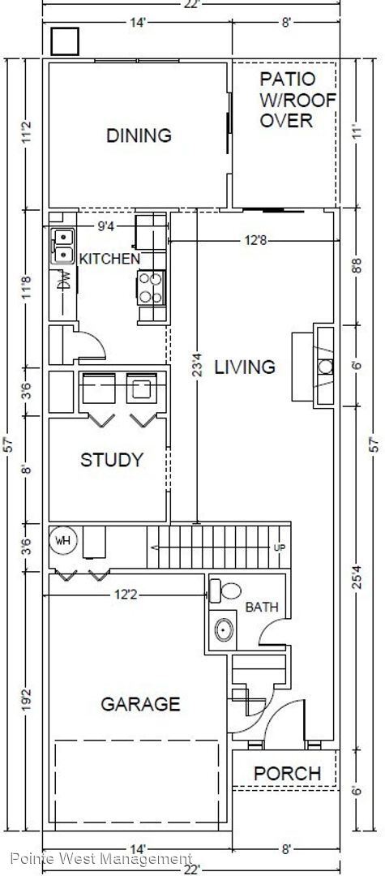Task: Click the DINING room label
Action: pyautogui.click(x=139, y=135)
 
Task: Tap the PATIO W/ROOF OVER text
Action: pyautogui.click(x=285, y=100)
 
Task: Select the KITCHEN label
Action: pyautogui.click(x=109, y=259)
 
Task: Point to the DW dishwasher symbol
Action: pyautogui.click(x=64, y=281)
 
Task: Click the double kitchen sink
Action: pyautogui.click(x=62, y=246)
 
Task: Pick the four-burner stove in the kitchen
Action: pyautogui.click(x=150, y=286)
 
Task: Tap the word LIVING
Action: pyautogui.click(x=244, y=367)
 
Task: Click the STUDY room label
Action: pyautogui.click(x=111, y=460)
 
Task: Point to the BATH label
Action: pyautogui.click(x=261, y=607)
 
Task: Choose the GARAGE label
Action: pyautogui.click(x=140, y=703)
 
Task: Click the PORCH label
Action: pyautogui.click(x=287, y=773)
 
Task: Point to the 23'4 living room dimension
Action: pyautogui.click(x=195, y=363)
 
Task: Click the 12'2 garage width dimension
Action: pyautogui.click(x=126, y=595)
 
